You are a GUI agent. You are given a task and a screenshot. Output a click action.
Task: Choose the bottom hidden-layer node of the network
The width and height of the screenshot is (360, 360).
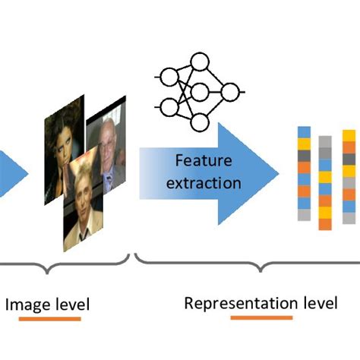tap(200, 122)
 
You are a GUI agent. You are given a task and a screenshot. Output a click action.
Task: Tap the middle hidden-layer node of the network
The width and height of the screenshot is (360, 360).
tap(200, 92)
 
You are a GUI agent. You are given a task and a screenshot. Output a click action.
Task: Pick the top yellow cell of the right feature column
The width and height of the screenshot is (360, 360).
tap(349, 135)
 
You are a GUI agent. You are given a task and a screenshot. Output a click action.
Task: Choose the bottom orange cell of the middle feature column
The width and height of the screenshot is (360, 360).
tap(325, 223)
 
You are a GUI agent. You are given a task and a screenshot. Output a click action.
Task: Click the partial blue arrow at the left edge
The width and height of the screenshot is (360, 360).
tap(11, 172)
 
